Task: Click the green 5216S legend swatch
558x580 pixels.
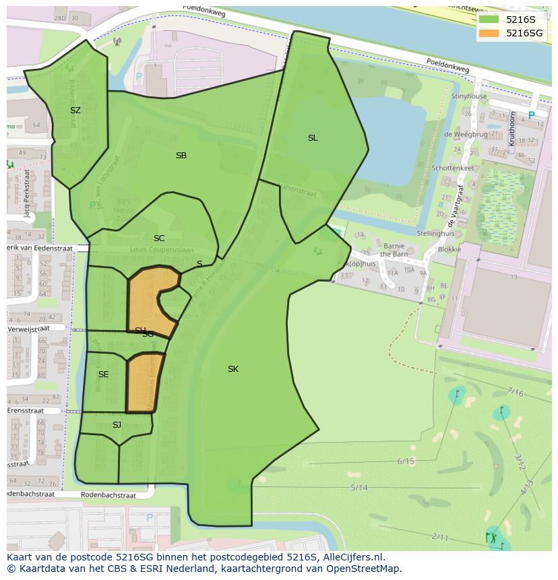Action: (x=489, y=20)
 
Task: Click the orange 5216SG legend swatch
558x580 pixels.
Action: (x=489, y=33)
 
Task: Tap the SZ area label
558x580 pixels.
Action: (x=75, y=110)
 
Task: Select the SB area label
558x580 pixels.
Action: (x=181, y=156)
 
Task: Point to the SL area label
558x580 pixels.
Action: (x=313, y=138)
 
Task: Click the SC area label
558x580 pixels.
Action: (x=159, y=238)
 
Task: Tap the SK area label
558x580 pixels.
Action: (x=233, y=369)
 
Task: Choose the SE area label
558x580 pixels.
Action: (x=103, y=375)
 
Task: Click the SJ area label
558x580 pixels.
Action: (x=117, y=425)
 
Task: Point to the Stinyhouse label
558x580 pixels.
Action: (x=469, y=96)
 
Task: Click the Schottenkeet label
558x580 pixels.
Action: (x=453, y=168)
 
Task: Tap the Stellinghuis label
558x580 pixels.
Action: (x=436, y=234)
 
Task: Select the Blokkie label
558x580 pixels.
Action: (x=449, y=249)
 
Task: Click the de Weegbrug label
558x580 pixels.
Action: (x=466, y=135)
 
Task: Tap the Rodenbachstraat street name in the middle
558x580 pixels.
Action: (x=108, y=495)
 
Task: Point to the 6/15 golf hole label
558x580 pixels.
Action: (x=406, y=461)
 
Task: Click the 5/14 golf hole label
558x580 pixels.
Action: (x=359, y=488)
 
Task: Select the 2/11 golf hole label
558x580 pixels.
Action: (x=440, y=537)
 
